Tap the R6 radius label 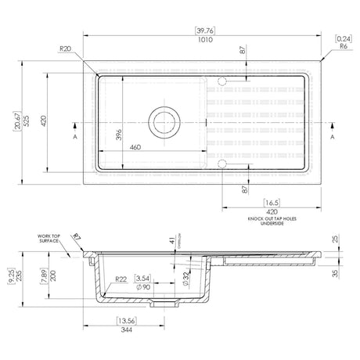(x=344, y=46)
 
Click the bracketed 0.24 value (x=343, y=38)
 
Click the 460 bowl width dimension (x=135, y=147)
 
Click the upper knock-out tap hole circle (x=222, y=81)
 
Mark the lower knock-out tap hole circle (x=222, y=164)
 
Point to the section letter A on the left (x=74, y=136)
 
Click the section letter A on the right (x=333, y=136)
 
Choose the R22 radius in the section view (x=121, y=279)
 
